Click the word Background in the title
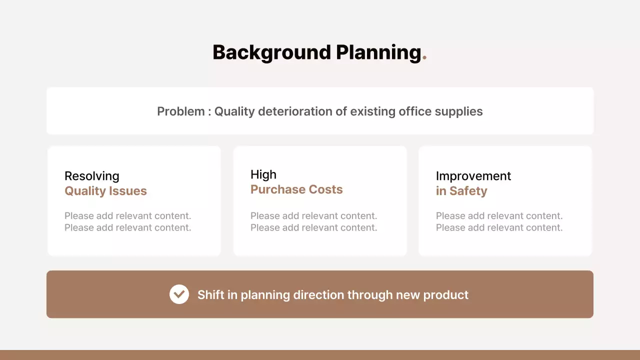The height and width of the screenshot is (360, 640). pos(271,52)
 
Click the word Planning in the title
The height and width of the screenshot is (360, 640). pos(378,52)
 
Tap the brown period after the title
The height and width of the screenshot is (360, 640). pos(424,58)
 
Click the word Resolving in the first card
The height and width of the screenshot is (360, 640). pos(92,176)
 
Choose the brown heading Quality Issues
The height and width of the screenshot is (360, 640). pos(105,191)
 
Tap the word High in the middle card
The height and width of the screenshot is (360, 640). pos(263,174)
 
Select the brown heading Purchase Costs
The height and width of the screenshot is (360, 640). pos(296,189)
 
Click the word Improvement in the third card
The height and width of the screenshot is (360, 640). pos(473,176)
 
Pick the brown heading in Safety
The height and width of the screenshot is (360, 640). pos(461,191)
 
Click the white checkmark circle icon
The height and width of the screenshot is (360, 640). pos(179,294)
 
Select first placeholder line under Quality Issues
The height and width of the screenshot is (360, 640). pos(127,216)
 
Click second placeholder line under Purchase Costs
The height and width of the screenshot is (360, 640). pos(313,228)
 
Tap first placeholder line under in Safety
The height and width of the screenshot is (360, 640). pos(499,216)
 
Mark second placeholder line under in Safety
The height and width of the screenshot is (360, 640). pos(499,228)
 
